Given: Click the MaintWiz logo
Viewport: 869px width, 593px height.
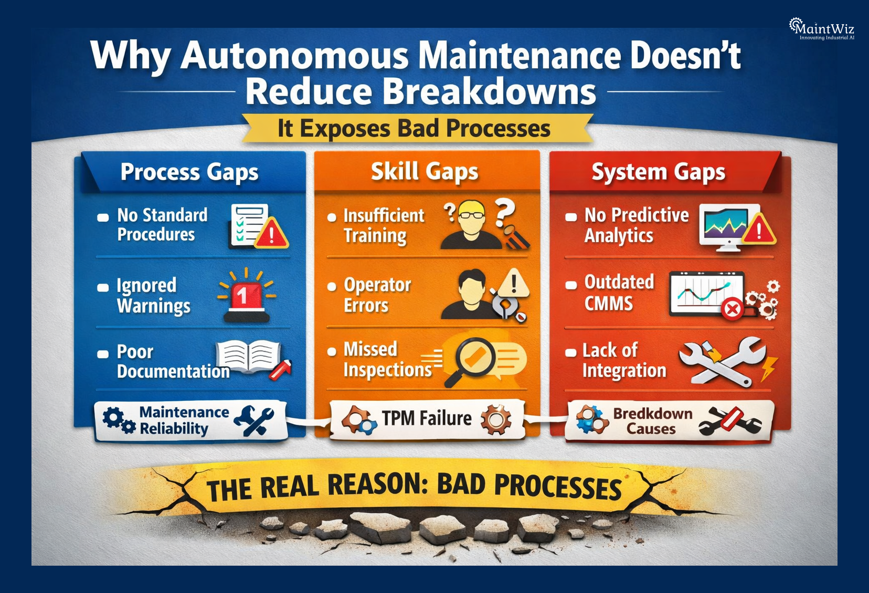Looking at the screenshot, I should click(822, 29).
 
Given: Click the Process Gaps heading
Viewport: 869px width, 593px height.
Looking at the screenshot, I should click(189, 172).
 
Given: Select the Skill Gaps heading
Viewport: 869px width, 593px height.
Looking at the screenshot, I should click(425, 172).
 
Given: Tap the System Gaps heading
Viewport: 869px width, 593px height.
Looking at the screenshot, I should click(658, 172).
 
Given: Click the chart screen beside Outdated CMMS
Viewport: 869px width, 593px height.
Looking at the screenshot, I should click(706, 293).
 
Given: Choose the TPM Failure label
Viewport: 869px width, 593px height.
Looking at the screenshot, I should click(427, 419).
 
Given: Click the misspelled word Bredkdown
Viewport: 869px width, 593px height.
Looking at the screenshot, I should click(652, 413).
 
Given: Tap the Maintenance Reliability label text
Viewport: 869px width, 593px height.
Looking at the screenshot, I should click(184, 420).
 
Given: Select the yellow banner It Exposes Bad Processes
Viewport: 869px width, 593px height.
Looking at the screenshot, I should click(414, 129).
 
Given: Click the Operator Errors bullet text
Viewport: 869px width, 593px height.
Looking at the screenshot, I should click(377, 295).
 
